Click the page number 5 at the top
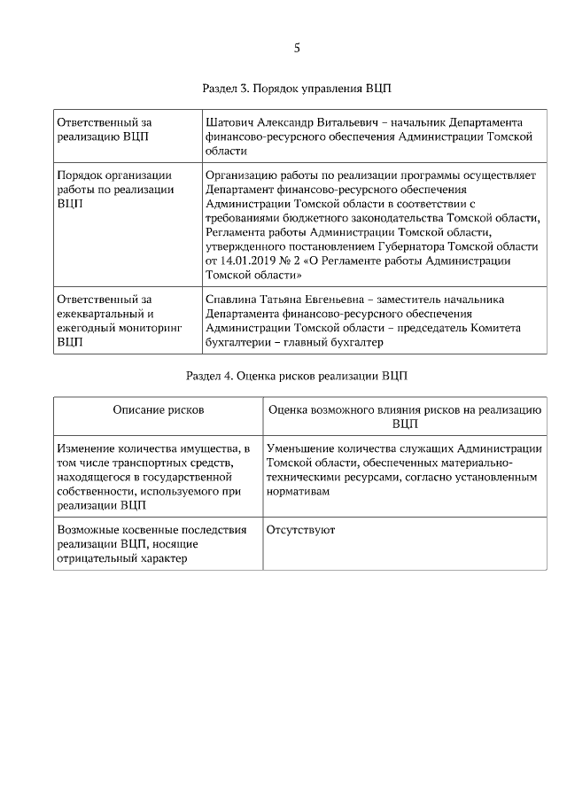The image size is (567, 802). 297,48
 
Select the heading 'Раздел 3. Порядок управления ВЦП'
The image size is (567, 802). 297,90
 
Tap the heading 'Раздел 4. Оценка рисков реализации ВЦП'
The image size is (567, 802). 297,376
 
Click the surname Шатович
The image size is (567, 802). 230,121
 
